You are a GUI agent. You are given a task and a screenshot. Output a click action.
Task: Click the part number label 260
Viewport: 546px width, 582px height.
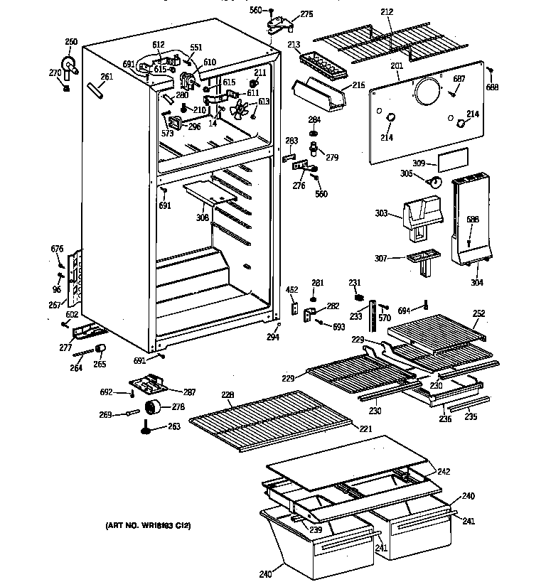click(x=71, y=41)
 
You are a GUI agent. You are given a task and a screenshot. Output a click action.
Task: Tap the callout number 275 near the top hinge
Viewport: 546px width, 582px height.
click(x=306, y=14)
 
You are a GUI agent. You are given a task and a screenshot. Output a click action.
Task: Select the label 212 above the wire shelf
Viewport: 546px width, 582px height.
click(x=387, y=12)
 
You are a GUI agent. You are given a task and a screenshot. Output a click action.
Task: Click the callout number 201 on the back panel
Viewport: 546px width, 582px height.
click(x=396, y=66)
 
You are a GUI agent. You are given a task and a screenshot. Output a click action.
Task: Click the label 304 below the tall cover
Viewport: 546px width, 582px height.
click(x=476, y=282)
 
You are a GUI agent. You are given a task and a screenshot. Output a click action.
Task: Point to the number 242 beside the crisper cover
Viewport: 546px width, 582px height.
click(x=444, y=471)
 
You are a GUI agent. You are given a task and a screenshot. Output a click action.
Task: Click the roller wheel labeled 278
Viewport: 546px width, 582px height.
click(x=151, y=407)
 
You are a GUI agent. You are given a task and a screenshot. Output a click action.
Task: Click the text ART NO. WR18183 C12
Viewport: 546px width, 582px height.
click(x=149, y=526)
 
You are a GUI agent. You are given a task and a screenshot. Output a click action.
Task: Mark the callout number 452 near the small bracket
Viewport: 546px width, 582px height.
click(x=292, y=289)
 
